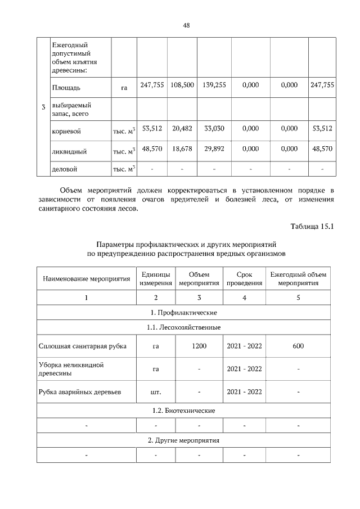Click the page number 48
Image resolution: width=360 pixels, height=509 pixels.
(x=186, y=25)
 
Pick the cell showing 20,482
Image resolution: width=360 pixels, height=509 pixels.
(x=182, y=128)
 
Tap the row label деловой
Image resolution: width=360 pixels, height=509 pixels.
(x=64, y=168)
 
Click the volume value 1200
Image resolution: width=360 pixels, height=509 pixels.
(x=199, y=345)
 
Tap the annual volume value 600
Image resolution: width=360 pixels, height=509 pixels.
(x=298, y=345)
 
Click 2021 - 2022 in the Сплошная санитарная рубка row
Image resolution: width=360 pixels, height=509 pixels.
(x=244, y=345)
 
